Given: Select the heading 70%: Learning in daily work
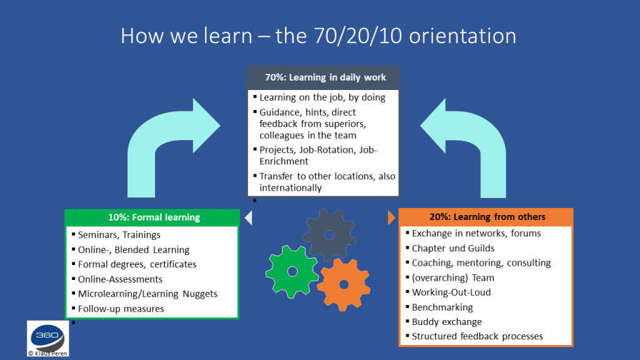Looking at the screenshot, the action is coord(325,77).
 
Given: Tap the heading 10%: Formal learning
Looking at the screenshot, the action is coord(154,217).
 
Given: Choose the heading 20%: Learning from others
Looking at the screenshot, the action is coord(487,217).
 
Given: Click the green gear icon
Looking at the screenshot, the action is coord(292,271).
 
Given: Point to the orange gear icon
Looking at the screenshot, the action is coord(344,284).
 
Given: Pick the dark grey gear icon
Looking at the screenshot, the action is coord(329,235).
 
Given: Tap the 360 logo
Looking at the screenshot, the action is coord(47,336).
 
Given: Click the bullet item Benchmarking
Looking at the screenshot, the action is coord(442,307).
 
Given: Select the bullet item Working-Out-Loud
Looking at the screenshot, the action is coord(451,292).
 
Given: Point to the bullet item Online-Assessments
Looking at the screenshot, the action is coord(120,279).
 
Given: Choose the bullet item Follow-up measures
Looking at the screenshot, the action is coord(121,309).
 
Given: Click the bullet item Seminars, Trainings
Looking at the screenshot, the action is coord(119,235).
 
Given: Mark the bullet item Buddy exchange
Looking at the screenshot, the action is coord(447,322).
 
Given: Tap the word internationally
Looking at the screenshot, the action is coord(291,187).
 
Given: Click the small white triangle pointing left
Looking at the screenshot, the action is coord(248,218).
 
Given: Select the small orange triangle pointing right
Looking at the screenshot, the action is coord(391,217).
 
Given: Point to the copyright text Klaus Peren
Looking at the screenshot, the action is coord(47,354).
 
